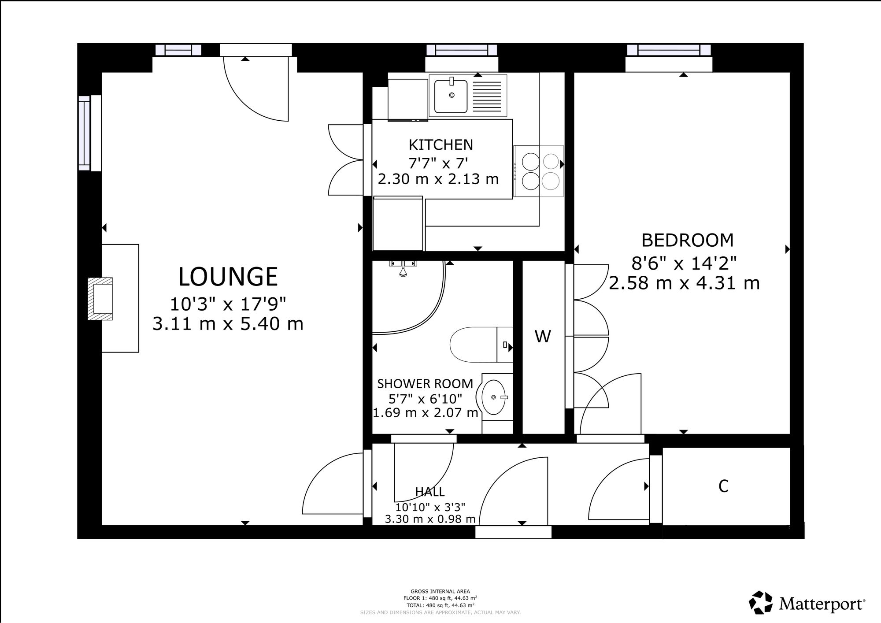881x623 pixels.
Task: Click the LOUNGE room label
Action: click(228, 277)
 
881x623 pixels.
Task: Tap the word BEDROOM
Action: click(687, 241)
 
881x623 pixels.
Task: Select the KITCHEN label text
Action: click(440, 145)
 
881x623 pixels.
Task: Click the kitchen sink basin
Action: click(451, 96)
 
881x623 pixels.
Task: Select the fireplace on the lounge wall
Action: click(100, 298)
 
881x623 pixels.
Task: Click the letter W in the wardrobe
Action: click(543, 337)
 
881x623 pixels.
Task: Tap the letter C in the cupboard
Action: click(723, 486)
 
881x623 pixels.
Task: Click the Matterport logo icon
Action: click(761, 602)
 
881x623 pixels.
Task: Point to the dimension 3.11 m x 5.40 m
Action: click(228, 324)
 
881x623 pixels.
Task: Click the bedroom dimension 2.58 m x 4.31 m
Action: click(684, 283)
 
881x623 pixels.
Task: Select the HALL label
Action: click(429, 492)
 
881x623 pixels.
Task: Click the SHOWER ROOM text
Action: click(425, 384)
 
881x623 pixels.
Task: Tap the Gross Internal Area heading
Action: click(440, 591)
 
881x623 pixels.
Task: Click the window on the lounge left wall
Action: click(84, 133)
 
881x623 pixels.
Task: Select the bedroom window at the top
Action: click(669, 50)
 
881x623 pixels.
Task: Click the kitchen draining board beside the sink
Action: click(487, 96)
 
